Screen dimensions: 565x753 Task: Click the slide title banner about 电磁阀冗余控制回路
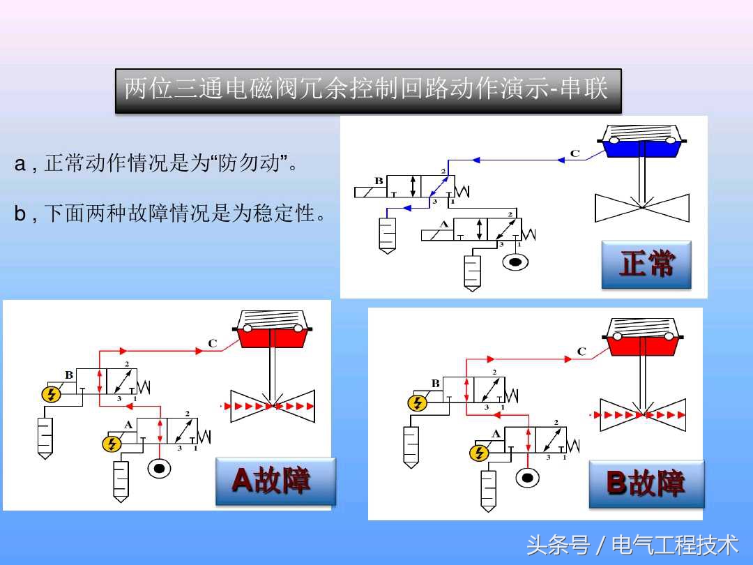click(367, 89)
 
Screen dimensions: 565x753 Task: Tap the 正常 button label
click(646, 264)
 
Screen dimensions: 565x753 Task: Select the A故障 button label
click(275, 481)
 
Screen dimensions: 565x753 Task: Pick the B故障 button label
click(646, 483)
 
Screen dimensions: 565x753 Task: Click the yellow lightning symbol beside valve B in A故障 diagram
click(51, 394)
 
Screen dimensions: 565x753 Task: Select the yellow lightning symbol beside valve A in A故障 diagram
click(111, 444)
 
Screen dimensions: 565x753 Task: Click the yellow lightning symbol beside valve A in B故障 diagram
click(478, 453)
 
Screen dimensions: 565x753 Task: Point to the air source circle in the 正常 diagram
click(515, 262)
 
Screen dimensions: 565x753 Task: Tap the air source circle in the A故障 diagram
click(160, 468)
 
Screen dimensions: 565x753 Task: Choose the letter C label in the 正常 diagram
click(575, 153)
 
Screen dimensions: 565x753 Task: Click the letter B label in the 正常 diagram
click(379, 181)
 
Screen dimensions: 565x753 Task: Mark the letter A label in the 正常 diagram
click(444, 225)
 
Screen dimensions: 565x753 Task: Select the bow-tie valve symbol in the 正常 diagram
click(641, 208)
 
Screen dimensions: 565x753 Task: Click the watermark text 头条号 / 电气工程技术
click(632, 545)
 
